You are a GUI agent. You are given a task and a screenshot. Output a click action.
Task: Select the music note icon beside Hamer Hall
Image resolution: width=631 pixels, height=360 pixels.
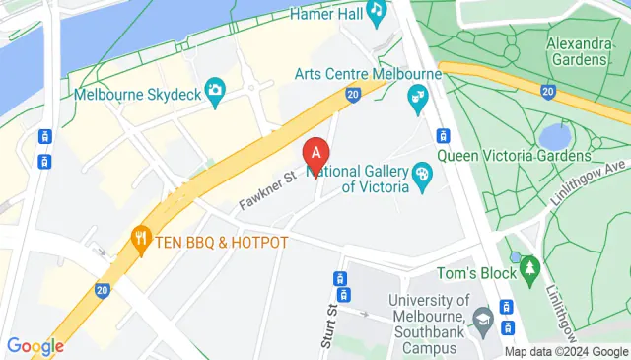376,11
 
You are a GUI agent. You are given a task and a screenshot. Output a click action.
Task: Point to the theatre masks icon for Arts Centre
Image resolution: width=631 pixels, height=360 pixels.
418,97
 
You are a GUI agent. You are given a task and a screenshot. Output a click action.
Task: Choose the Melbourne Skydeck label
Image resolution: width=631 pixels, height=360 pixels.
137,94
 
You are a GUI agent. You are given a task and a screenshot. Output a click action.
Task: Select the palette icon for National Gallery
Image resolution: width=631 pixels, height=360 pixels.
423,175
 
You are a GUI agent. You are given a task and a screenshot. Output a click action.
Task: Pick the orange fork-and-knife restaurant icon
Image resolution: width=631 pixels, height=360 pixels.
142,238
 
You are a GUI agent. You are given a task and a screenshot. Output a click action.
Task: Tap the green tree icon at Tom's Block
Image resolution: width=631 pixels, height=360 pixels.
531,267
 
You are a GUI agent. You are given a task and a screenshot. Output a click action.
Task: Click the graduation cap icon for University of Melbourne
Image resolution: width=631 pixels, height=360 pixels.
482,318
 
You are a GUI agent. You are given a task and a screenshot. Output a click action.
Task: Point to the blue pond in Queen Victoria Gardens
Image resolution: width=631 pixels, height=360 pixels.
556,135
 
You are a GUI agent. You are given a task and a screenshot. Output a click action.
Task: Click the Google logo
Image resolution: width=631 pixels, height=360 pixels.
35,346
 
